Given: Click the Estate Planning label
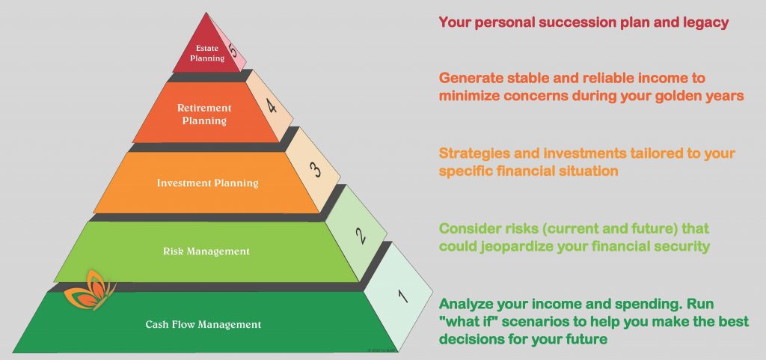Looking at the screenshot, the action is (x=210, y=53).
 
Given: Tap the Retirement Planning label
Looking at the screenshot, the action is (x=204, y=114).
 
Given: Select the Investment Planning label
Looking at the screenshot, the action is (x=208, y=183).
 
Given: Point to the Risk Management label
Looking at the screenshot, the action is (x=206, y=251).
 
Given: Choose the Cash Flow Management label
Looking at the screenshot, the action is (x=203, y=324).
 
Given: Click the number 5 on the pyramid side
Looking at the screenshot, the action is (x=233, y=50).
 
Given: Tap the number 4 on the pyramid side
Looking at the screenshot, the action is (x=271, y=105).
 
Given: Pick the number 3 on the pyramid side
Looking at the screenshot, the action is (x=316, y=169).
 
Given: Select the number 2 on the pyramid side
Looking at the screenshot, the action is (x=361, y=236).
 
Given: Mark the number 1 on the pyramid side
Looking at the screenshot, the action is (x=402, y=296).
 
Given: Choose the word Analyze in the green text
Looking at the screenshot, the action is (x=465, y=305).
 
